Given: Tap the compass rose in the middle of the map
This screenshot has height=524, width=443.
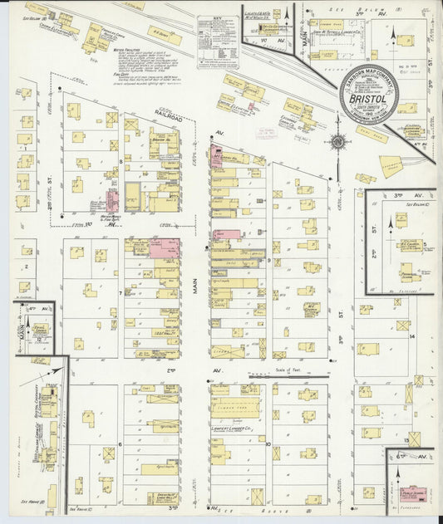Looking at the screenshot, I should coord(337,141).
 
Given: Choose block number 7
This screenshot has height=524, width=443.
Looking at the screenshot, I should coord(121,292).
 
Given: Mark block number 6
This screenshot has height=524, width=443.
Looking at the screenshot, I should coord(121,443).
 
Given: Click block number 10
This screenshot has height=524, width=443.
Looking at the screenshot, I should coord(268,443).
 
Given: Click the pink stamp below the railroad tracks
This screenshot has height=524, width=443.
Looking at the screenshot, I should coord(267,131).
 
